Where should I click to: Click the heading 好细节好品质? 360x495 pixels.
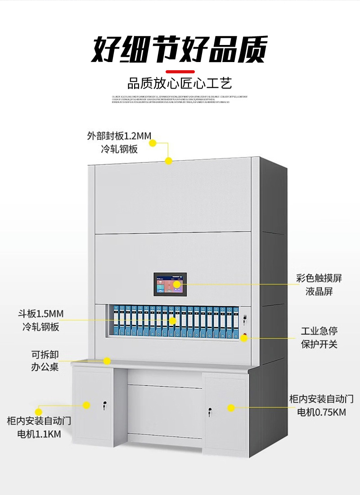point(180,49)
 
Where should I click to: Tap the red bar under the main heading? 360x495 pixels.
point(180,71)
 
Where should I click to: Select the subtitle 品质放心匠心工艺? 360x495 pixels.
point(180,84)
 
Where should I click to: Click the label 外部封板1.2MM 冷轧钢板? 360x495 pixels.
point(119,143)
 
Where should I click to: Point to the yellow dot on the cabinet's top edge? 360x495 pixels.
point(169,161)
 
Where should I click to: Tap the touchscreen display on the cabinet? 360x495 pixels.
point(171,284)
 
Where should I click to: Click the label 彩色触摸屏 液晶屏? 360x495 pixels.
point(319,285)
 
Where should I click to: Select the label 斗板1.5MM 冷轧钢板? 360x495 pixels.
point(41,320)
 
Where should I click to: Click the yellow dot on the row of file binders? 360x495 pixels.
point(173,321)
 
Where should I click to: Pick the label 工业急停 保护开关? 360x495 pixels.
point(319,338)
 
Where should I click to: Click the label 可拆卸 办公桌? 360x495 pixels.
point(45,360)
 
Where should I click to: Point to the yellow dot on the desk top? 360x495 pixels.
point(107,361)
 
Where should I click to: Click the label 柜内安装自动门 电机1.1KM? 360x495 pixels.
point(39,428)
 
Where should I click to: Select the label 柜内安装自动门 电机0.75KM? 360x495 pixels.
point(321,405)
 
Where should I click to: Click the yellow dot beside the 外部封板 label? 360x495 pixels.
point(153,143)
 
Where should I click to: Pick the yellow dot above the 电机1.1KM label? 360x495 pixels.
point(39,411)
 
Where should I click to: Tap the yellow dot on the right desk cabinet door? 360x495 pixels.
point(231,408)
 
